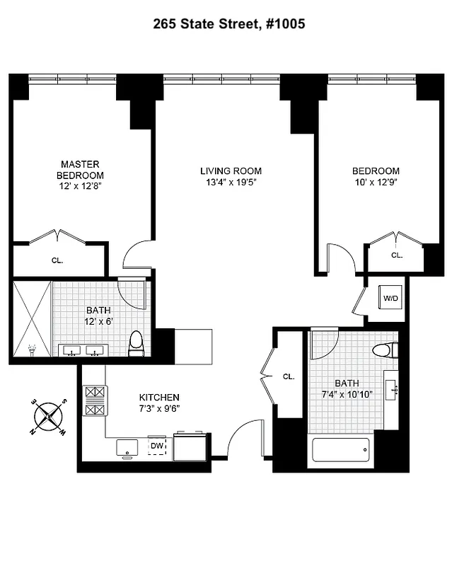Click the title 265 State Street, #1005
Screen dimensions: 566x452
[229, 24]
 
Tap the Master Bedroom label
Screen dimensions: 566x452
[81, 170]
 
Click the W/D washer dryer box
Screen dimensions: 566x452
[391, 299]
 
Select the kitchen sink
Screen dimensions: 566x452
[127, 447]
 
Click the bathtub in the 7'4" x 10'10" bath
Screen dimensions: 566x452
[340, 449]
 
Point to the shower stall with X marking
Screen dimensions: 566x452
[32, 318]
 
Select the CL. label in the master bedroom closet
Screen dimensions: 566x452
[57, 260]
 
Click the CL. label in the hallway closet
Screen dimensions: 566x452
[288, 376]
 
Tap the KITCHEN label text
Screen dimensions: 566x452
[158, 398]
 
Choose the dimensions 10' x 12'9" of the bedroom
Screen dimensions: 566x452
[376, 183]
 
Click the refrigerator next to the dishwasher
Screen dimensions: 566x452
[190, 447]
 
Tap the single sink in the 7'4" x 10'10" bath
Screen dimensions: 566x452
[392, 388]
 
